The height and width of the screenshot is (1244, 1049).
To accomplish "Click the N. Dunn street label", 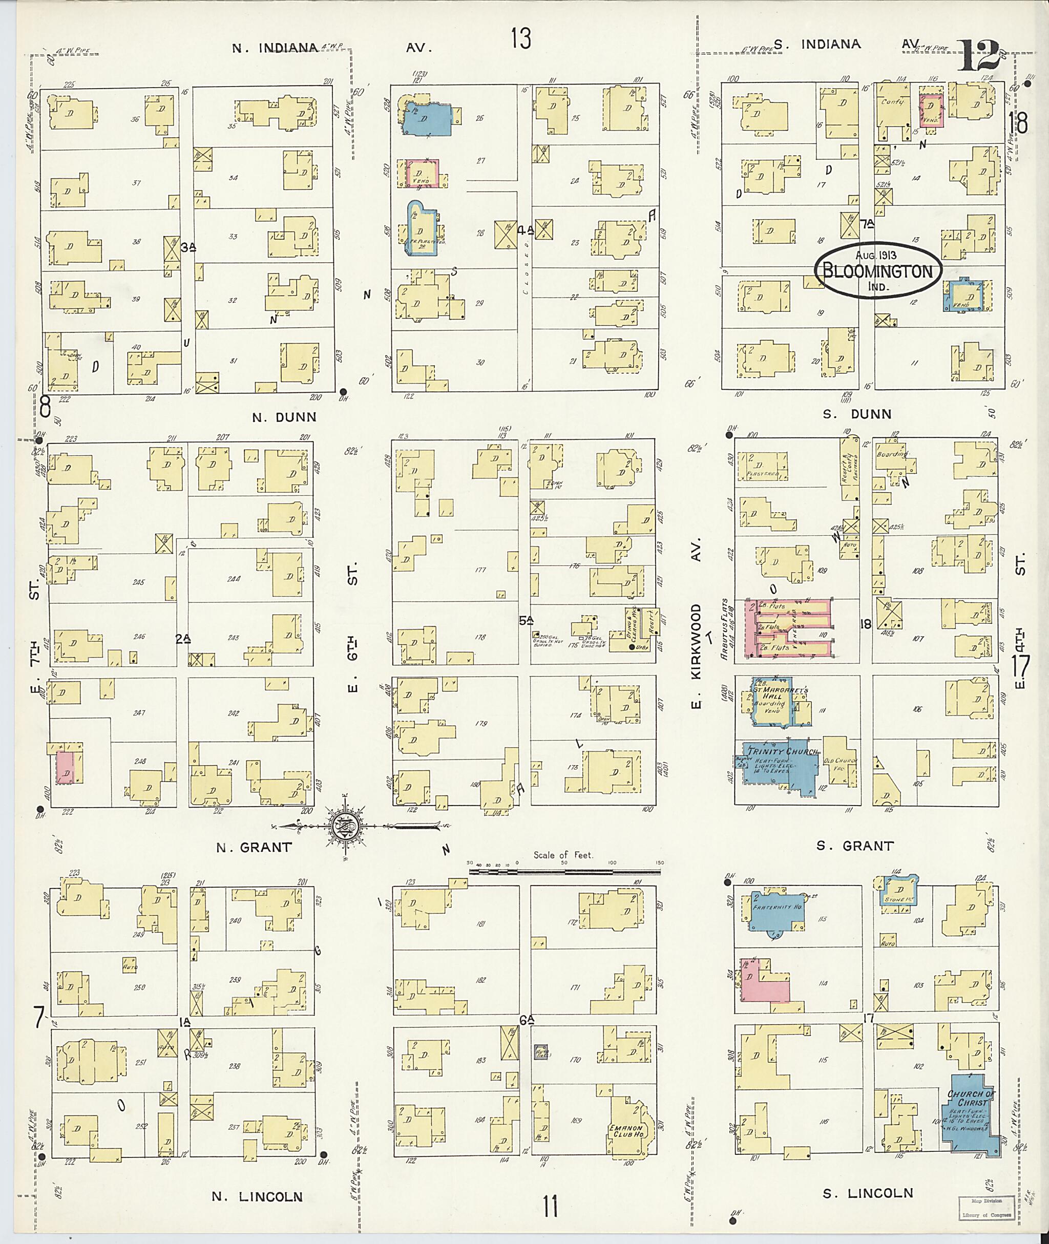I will (284, 417).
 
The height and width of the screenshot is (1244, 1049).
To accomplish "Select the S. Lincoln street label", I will (868, 1193).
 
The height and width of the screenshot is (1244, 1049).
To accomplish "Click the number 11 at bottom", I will (550, 1207).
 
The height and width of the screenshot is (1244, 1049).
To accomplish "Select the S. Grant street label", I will (854, 845).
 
